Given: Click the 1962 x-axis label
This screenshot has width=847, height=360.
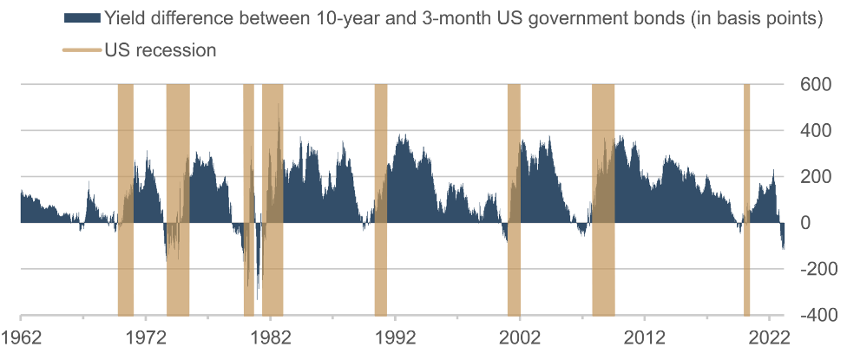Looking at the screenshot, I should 21,337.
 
